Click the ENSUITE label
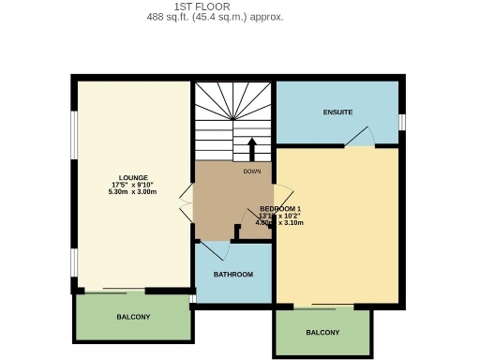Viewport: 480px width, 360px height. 337,112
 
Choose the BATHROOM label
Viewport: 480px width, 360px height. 233,275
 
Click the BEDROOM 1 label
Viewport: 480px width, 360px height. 280,208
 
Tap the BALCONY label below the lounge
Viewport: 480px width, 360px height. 133,317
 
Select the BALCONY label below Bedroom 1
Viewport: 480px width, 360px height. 322,333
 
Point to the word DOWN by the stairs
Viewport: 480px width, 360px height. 251,172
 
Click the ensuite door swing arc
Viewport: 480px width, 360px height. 359,140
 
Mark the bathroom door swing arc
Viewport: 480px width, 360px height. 216,250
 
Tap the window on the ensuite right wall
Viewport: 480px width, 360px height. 401,122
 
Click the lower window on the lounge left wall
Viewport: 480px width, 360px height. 74,262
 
